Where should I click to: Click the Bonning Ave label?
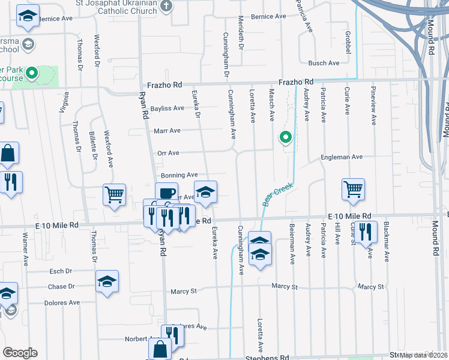(x=179, y=175)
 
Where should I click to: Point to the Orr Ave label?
(x=169, y=153)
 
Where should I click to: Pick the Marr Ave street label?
(x=167, y=130)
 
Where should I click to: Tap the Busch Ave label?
(x=324, y=63)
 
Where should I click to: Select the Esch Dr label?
(x=60, y=271)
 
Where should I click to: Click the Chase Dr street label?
(x=62, y=287)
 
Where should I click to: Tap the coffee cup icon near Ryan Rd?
(x=166, y=193)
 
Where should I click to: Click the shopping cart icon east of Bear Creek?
(x=354, y=189)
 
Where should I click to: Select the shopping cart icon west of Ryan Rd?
(x=114, y=194)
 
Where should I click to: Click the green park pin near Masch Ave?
(x=286, y=138)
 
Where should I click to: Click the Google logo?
(x=20, y=353)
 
